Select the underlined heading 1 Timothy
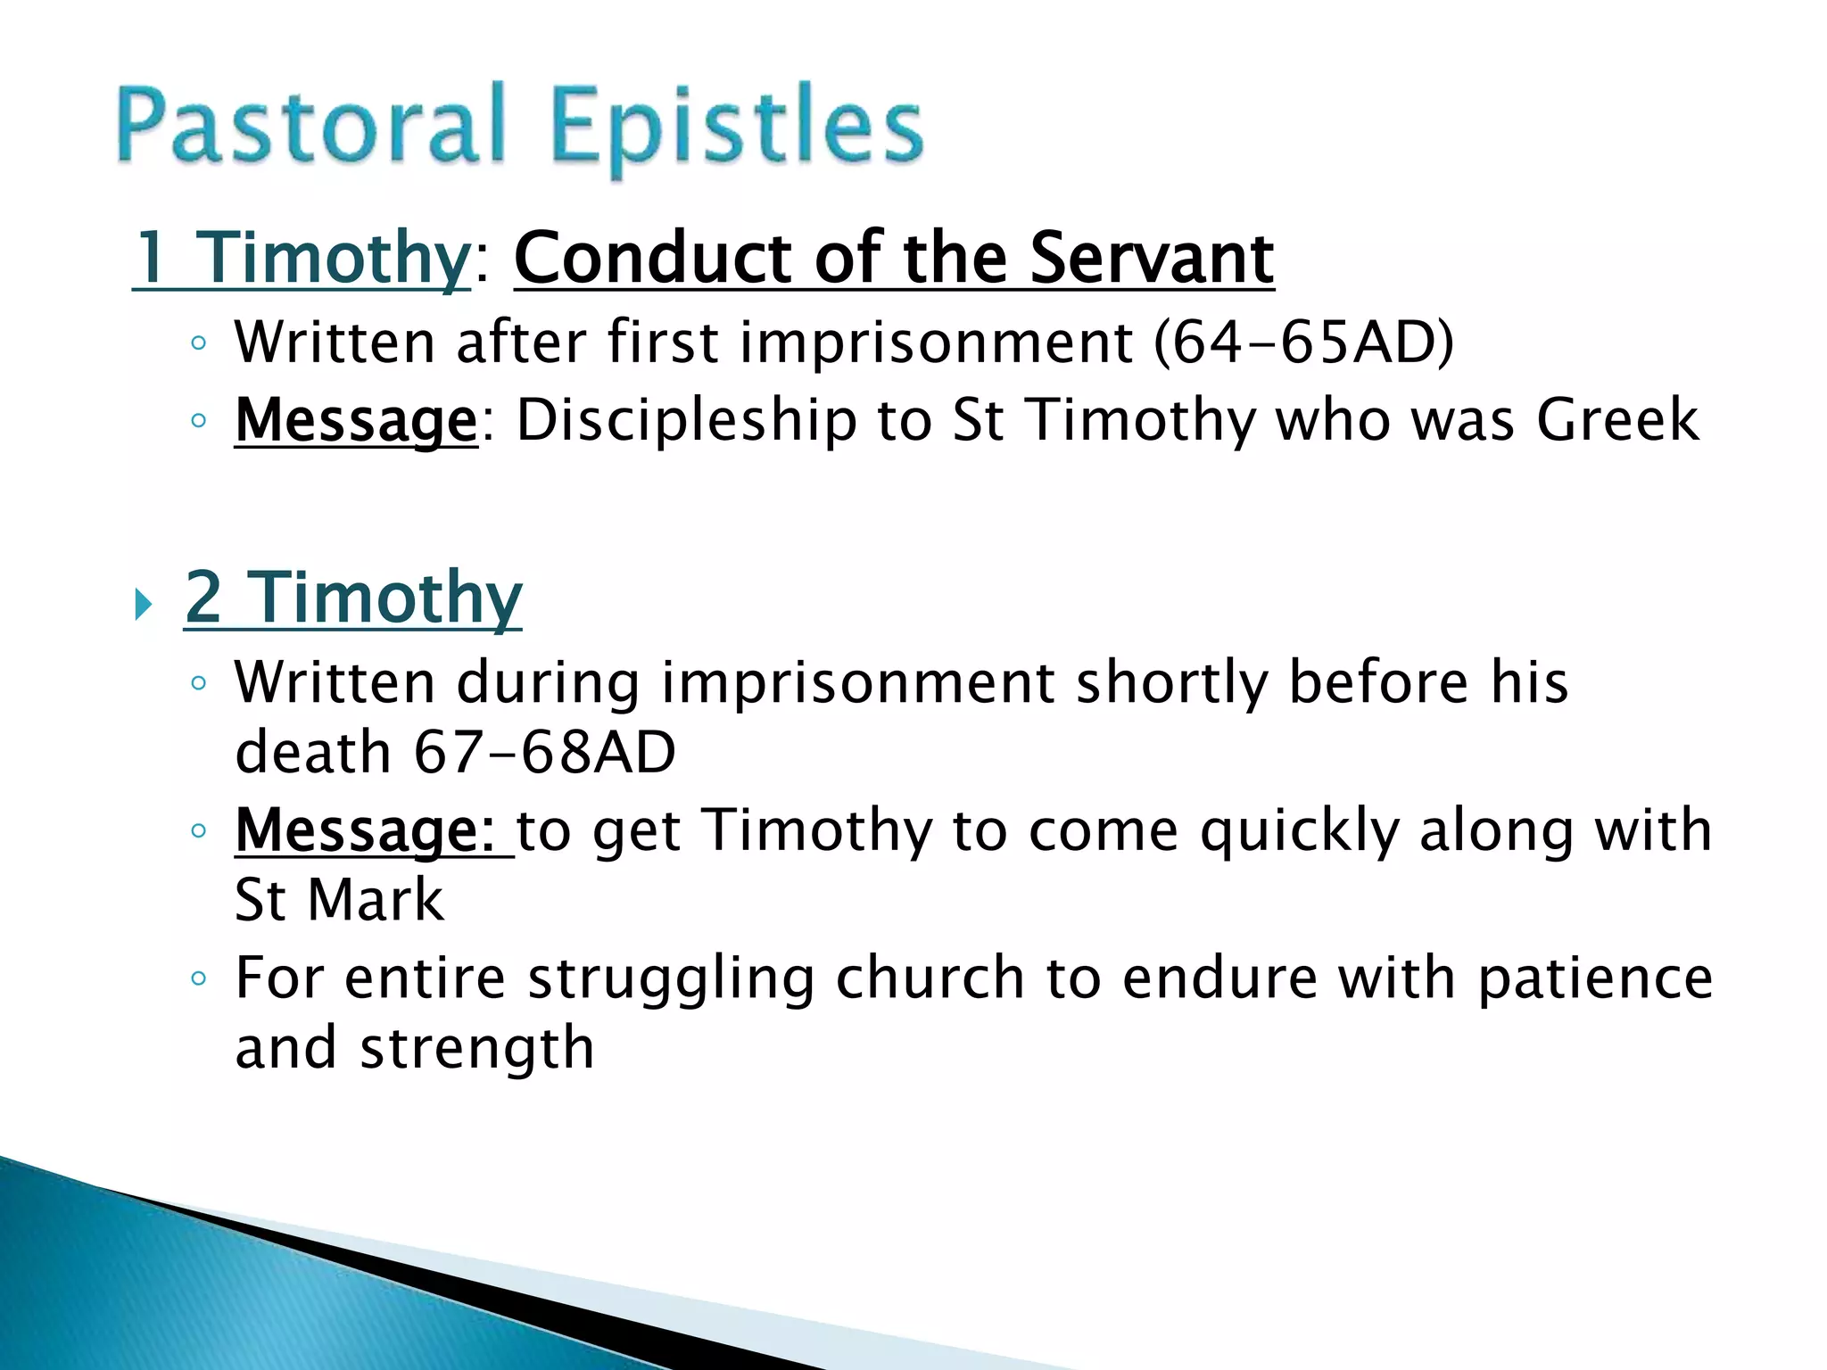(302, 259)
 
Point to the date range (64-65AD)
(1303, 342)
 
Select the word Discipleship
(686, 421)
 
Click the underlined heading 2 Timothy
(353, 598)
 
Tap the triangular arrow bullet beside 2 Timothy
(143, 607)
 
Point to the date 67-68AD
(545, 752)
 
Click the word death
(313, 752)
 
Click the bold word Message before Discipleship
(356, 421)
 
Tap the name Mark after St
(376, 900)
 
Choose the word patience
(1595, 979)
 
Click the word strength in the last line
(476, 1049)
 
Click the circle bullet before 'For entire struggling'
(198, 979)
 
